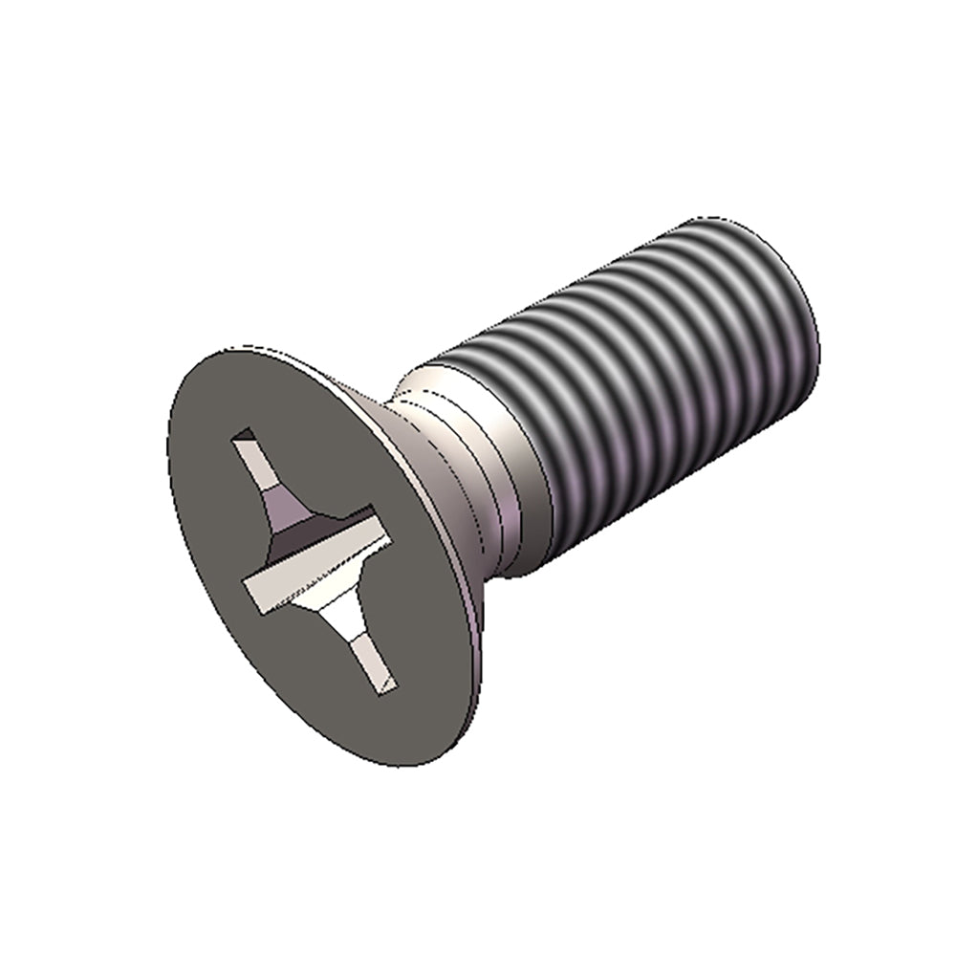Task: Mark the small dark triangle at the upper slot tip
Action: click(243, 437)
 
